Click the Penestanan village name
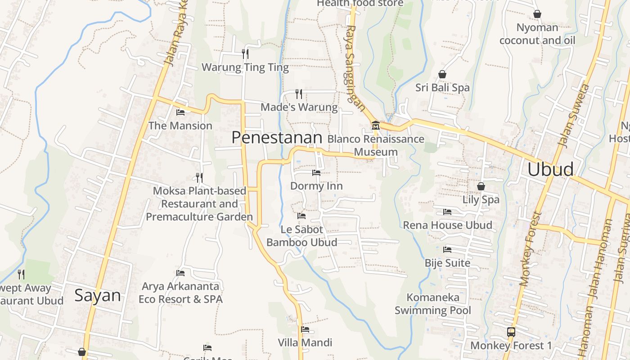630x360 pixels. [277, 138]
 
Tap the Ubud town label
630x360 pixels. [550, 169]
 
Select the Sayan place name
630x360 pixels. [98, 295]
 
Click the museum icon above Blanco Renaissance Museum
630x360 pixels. [376, 125]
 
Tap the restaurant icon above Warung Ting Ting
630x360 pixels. [245, 54]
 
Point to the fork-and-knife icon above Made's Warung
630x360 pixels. [299, 94]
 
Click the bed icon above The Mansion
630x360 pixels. [180, 112]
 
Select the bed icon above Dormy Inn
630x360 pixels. [316, 172]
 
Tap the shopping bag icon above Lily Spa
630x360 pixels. [481, 186]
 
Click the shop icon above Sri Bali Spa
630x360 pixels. [442, 74]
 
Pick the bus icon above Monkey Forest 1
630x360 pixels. [511, 332]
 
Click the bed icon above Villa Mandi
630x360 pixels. [305, 329]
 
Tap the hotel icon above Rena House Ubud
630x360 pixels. [447, 211]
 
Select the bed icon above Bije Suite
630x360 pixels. [447, 249]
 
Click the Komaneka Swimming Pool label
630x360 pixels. [433, 304]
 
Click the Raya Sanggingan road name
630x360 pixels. [355, 67]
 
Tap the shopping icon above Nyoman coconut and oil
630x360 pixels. [537, 14]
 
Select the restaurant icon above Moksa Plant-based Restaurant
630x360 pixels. [199, 178]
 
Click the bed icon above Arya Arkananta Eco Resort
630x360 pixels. [180, 273]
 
